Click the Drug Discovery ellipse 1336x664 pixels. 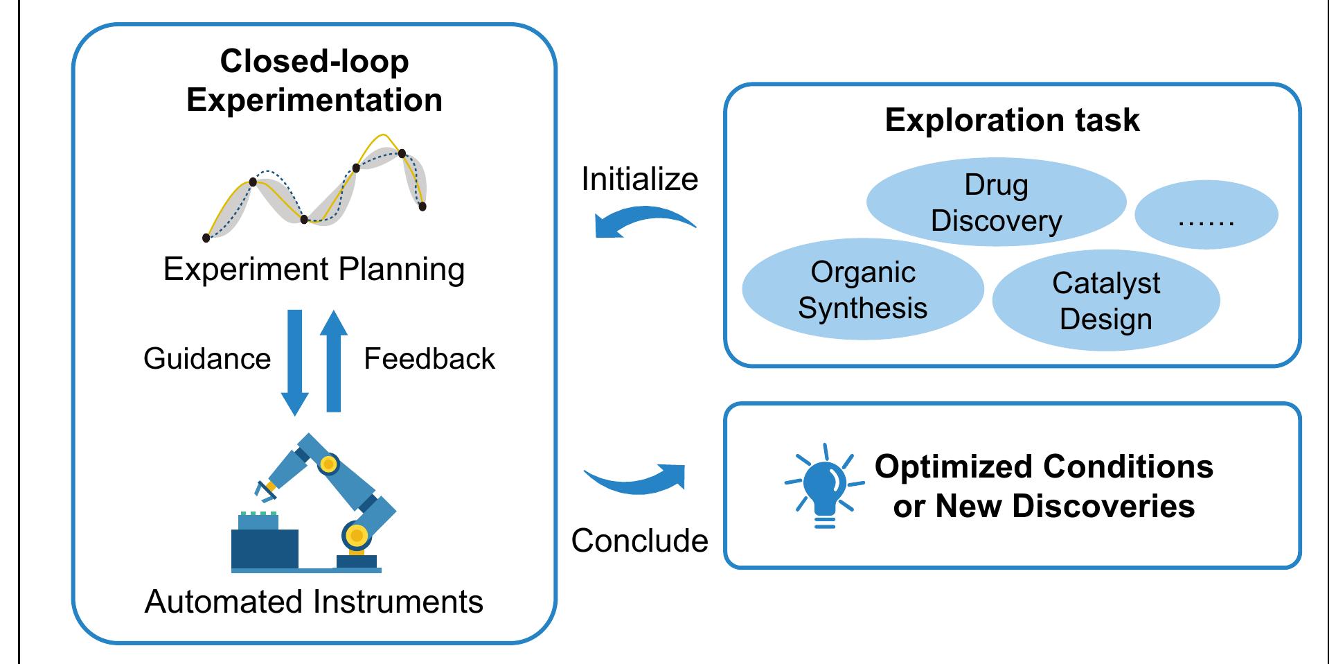tap(995, 202)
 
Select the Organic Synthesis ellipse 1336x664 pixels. tap(862, 290)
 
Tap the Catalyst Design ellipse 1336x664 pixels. tap(1105, 301)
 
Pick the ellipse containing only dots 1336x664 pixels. tap(1206, 216)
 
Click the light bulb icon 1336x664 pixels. tap(824, 485)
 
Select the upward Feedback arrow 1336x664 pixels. tap(334, 360)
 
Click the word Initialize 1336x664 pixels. tap(639, 180)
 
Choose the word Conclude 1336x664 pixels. tap(639, 541)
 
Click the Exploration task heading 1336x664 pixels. tap(1012, 120)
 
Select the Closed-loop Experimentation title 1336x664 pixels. tap(314, 80)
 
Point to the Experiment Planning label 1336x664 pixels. tap(314, 269)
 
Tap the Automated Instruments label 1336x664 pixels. tap(314, 602)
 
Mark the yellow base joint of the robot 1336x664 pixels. tap(356, 535)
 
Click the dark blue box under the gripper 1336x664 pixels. tap(265, 549)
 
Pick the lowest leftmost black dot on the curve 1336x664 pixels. tap(206, 238)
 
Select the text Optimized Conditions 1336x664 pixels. tap(1044, 466)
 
